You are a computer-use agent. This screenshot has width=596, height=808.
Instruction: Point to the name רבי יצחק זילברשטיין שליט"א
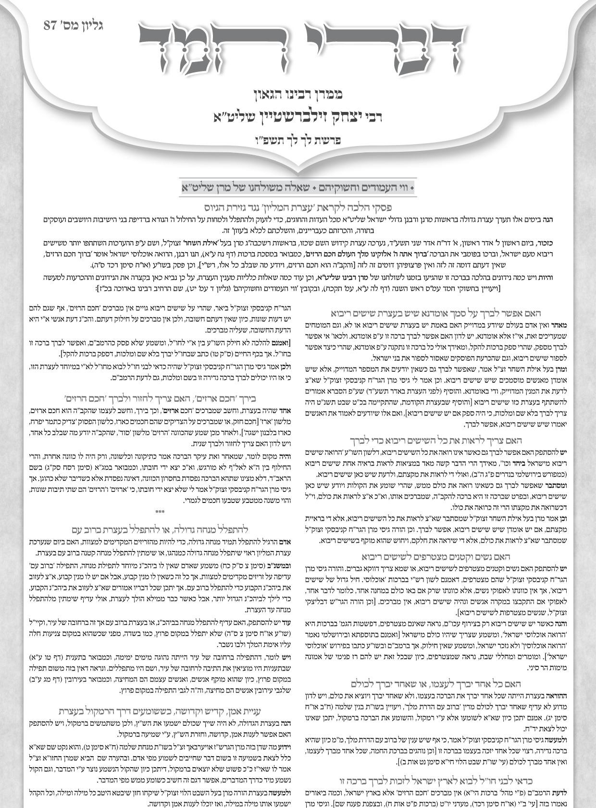pos(298,117)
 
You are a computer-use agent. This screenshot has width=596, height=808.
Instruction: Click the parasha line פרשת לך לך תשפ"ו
pos(298,141)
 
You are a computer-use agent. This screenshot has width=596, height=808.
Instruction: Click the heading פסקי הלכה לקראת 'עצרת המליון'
pos(298,208)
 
